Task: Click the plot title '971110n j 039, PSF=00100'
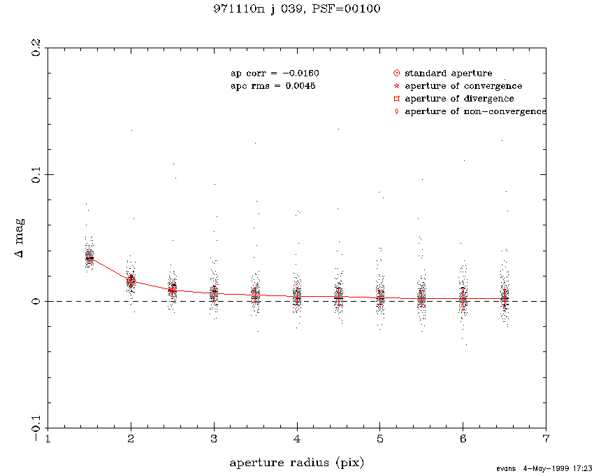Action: click(x=297, y=9)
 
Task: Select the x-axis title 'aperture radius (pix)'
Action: click(x=297, y=463)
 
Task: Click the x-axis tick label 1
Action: click(x=48, y=439)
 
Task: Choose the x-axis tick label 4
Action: click(x=297, y=439)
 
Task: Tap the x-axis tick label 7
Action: click(x=546, y=439)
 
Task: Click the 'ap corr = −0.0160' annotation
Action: click(x=275, y=73)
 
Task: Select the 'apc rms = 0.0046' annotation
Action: click(x=273, y=86)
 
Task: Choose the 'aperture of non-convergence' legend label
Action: click(x=475, y=112)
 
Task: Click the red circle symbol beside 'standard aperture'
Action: click(x=396, y=73)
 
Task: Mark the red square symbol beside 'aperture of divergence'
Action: click(x=396, y=99)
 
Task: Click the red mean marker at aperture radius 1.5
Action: click(x=89, y=258)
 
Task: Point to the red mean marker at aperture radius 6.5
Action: click(x=505, y=299)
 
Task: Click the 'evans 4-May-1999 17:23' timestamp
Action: click(x=546, y=468)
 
